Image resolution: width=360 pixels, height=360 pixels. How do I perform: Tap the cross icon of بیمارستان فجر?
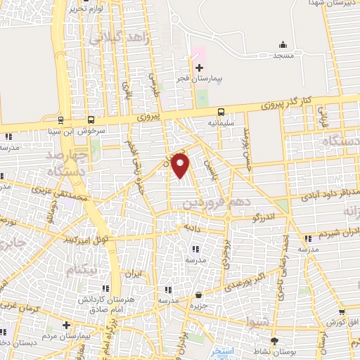click(x=199, y=68)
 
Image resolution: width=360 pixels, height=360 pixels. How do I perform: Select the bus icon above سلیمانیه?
click(x=221, y=111)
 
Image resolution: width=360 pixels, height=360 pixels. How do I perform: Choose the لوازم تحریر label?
click(x=87, y=8)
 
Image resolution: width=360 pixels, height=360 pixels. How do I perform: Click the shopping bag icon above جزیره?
click(x=200, y=295)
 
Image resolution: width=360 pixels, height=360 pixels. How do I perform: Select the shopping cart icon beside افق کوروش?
click(x=341, y=312)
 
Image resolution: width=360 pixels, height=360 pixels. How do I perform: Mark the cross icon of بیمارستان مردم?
click(x=66, y=325)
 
